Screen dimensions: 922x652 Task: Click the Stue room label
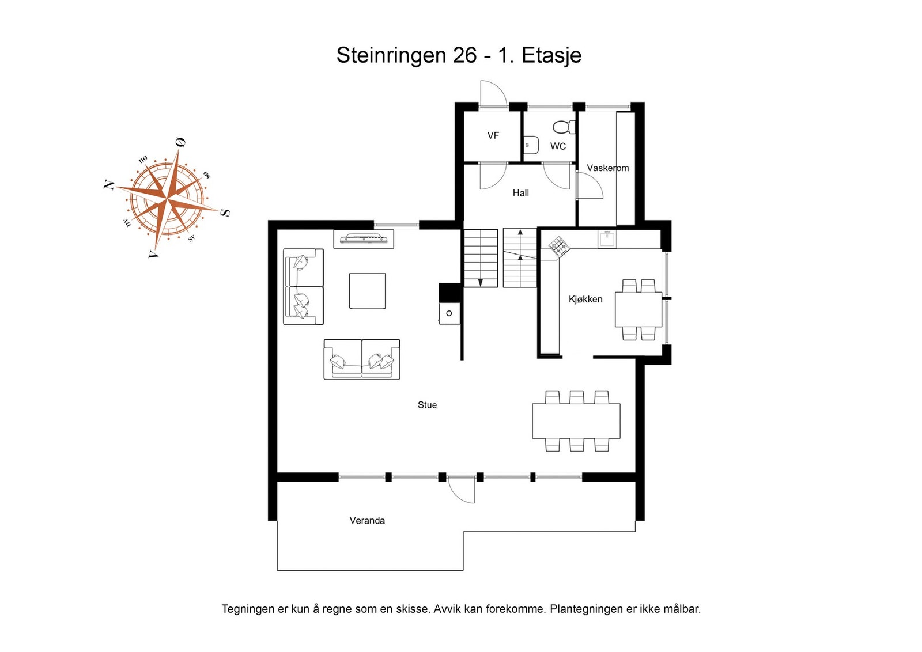(427, 405)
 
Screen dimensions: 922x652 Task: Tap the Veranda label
(366, 521)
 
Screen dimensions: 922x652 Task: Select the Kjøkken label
(585, 300)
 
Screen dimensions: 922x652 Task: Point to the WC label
(558, 146)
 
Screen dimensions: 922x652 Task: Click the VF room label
(493, 135)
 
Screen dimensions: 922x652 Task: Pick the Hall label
(521, 193)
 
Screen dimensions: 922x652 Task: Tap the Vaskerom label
(607, 168)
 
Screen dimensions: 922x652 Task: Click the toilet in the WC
(564, 127)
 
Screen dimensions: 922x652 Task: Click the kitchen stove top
(559, 247)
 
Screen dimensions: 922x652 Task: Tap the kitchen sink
(607, 239)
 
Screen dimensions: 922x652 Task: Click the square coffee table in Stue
(367, 291)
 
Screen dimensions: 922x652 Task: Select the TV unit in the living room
(364, 239)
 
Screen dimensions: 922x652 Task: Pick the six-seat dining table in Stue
(576, 421)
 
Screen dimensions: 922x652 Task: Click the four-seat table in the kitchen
(638, 310)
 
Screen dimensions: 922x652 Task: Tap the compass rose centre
(167, 199)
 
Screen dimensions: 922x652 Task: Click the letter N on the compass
(109, 185)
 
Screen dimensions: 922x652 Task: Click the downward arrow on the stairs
(480, 282)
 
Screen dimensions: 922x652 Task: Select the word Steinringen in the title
(391, 55)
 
